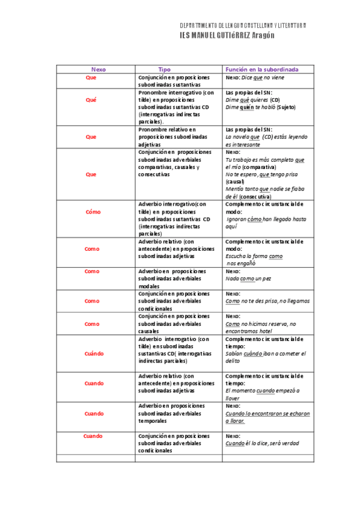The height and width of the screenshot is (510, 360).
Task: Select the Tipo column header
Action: (x=164, y=69)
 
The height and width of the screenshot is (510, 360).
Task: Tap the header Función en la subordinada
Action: (x=261, y=69)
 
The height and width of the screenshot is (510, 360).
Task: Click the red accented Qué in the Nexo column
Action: (x=91, y=100)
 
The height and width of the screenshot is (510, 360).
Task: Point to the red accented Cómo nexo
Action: (x=93, y=212)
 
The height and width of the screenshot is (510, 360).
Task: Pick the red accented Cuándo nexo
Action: (x=94, y=354)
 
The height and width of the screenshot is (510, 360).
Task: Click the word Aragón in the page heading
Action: (x=261, y=35)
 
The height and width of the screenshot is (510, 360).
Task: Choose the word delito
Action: (x=234, y=361)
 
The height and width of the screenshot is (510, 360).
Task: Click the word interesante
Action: (x=243, y=144)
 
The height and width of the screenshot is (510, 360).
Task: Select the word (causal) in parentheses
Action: (x=235, y=181)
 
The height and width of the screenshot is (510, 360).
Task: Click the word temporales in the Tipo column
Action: (x=153, y=420)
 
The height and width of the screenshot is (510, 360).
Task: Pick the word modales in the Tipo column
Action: (x=149, y=286)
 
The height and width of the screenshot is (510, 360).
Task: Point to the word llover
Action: (x=233, y=398)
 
